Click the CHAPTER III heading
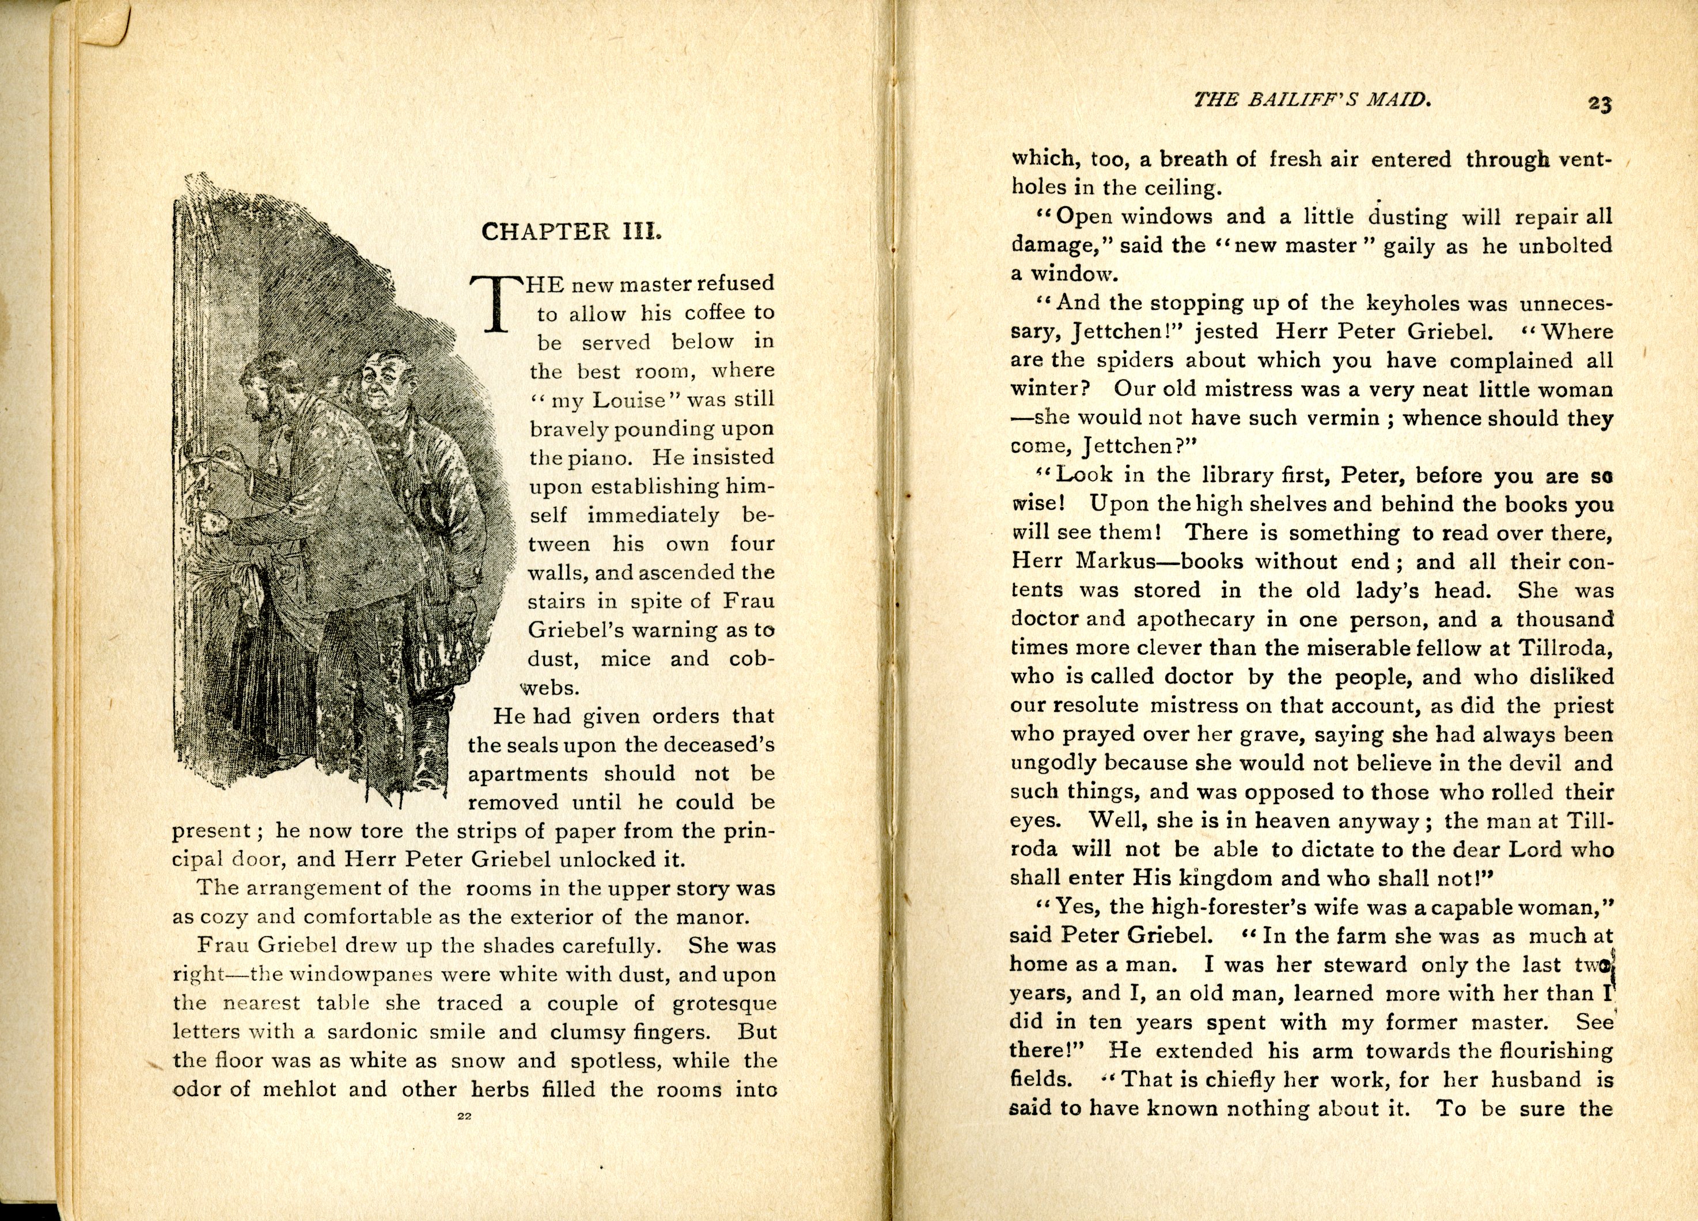(x=572, y=232)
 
